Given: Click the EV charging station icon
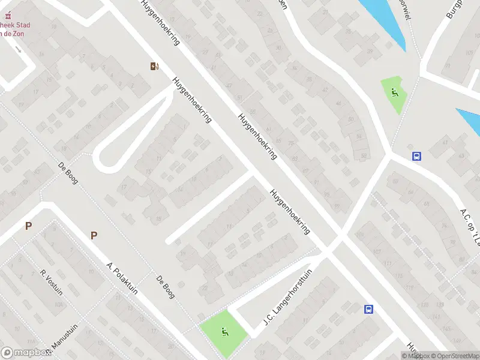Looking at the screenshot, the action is coord(155,66).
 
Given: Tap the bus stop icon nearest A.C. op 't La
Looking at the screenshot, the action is coord(416,156).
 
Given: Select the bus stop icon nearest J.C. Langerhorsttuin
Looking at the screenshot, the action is coord(368,310).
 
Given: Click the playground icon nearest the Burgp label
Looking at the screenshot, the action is coord(394,92).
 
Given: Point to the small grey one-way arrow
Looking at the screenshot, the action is coord(19,49).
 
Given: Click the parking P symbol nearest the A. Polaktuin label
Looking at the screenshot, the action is coord(94,235).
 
